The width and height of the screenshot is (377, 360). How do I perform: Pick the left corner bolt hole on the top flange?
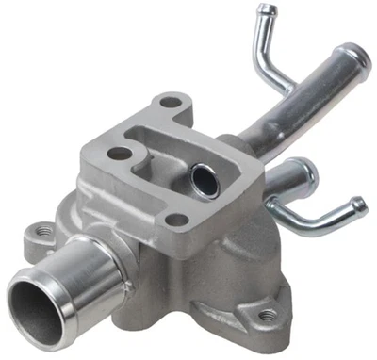(119, 152)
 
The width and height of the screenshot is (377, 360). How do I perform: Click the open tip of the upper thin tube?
(269, 11)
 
